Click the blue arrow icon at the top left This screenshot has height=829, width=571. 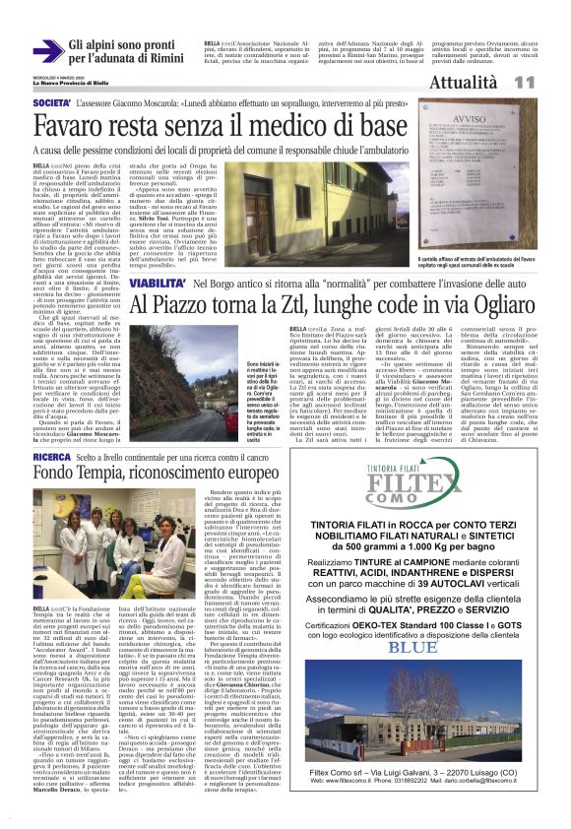tap(45, 51)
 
